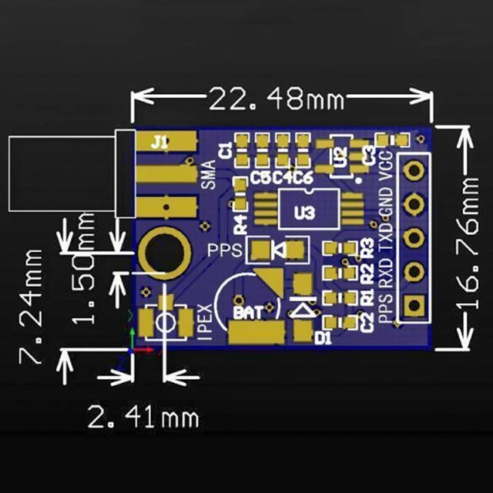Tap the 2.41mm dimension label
[144, 418]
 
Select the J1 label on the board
[159, 142]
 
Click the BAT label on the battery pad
[246, 314]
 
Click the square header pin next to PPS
[414, 306]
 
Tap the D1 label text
[322, 337]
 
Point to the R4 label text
[240, 224]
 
